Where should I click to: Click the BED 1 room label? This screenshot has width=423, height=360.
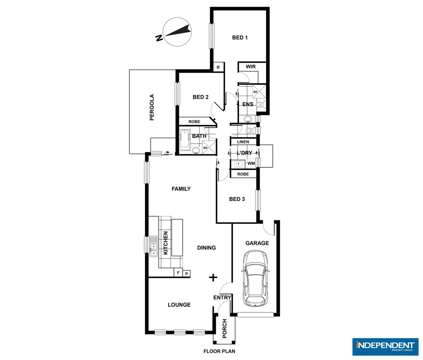tap(239, 38)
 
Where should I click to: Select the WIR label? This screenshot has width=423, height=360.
tap(251, 67)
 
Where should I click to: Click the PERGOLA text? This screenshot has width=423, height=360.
tap(152, 107)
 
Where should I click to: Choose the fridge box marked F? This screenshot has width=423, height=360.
tap(178, 273)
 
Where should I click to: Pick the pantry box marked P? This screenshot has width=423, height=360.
tap(187, 274)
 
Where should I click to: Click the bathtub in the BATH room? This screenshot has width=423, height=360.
tap(185, 140)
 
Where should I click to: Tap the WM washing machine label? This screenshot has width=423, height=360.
tap(251, 163)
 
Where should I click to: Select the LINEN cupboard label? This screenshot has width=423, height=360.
tap(243, 142)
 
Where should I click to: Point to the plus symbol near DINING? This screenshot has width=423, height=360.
tap(213, 277)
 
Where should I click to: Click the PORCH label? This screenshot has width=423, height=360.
tap(224, 328)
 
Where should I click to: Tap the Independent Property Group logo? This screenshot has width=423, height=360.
tap(385, 346)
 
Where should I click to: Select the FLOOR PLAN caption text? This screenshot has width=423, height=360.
tap(219, 351)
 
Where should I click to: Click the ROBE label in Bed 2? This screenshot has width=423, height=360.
tap(194, 122)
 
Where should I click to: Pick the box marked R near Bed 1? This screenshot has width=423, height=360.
tap(218, 67)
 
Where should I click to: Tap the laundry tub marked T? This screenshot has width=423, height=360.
tap(238, 164)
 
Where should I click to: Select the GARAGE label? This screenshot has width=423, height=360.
tap(257, 243)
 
